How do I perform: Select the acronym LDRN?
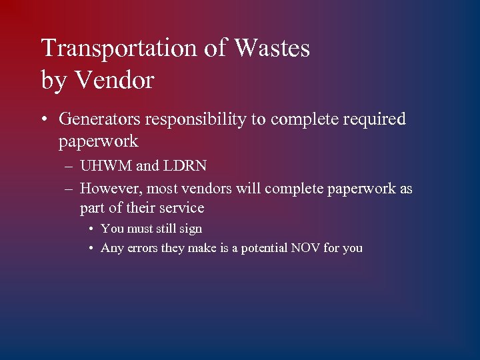click(185, 166)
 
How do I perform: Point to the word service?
click(181, 208)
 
